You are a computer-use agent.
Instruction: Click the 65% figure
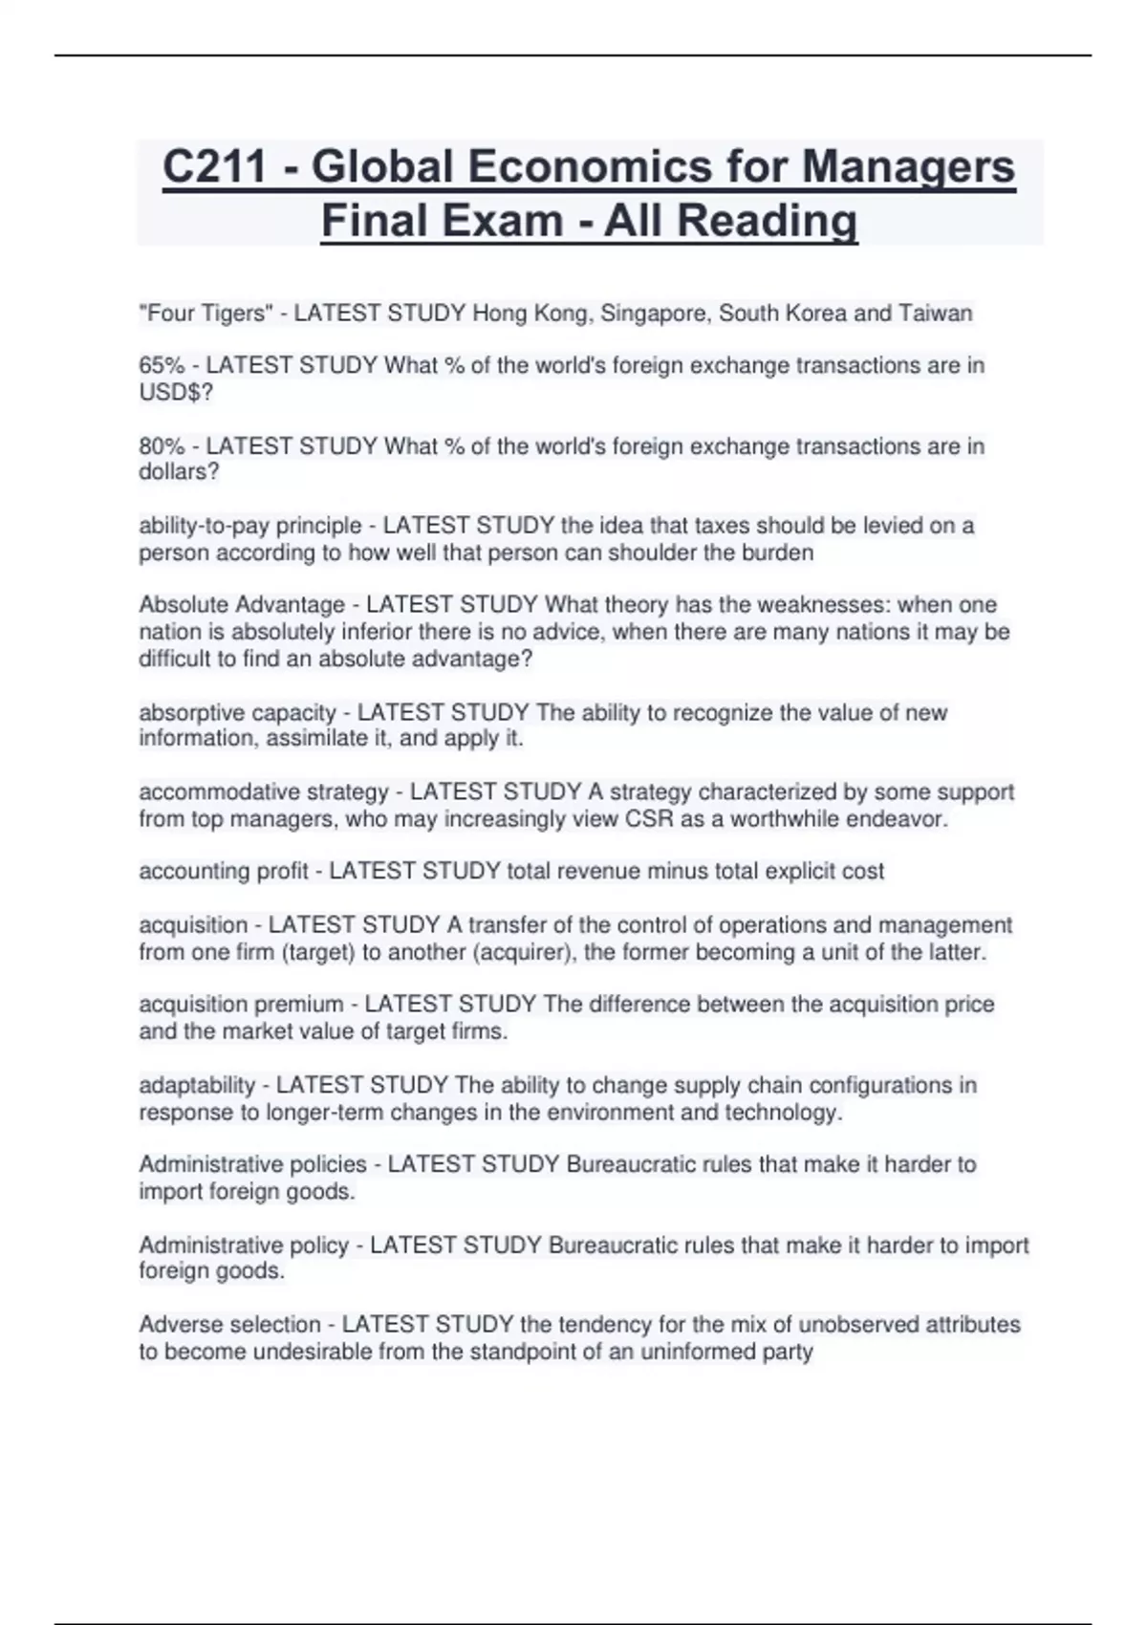click(x=162, y=365)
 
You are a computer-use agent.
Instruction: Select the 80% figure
click(x=162, y=446)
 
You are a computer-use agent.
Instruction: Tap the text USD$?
click(x=176, y=392)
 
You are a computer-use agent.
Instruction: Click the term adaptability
click(x=197, y=1086)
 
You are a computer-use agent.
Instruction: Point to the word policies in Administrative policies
click(x=327, y=1164)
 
